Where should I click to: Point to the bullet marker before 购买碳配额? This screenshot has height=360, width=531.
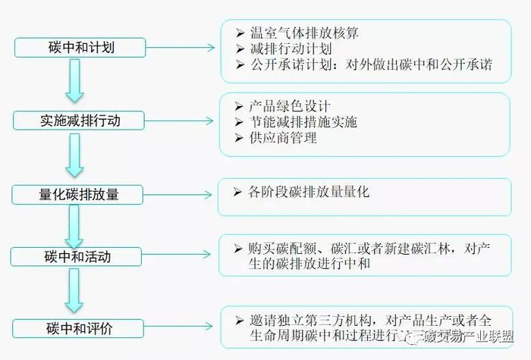[236, 248]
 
